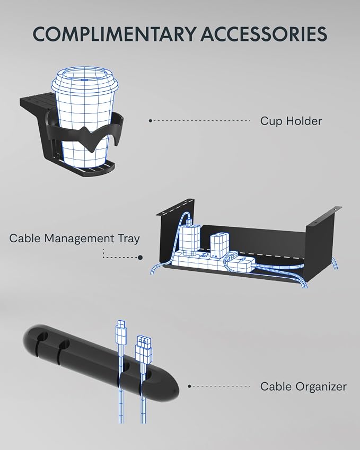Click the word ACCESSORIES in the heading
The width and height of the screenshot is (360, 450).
pos(264,34)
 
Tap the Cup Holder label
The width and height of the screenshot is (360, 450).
pos(291,121)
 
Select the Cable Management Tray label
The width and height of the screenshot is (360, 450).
pos(74,239)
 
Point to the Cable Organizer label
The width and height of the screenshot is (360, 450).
pos(303,386)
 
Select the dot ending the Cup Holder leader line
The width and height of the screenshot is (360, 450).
pos(151,121)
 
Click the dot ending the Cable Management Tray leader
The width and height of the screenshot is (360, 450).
pos(140,258)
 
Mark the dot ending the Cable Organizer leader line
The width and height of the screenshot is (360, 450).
pos(189,386)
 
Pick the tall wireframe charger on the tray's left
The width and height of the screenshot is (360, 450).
pos(189,239)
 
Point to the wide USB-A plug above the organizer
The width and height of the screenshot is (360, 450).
pos(144,348)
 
